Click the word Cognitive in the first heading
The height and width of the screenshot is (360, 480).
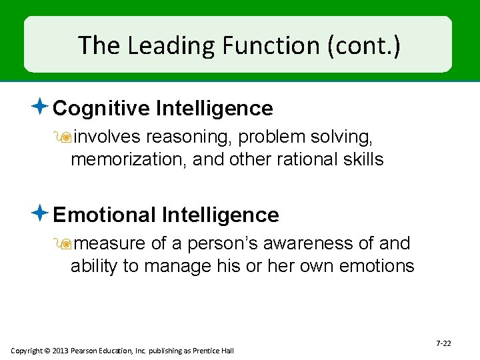coord(102,108)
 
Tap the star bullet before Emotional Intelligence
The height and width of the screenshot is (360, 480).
coord(40,214)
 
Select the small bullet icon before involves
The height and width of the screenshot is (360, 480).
coord(66,137)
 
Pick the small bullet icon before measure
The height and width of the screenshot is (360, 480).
coord(66,244)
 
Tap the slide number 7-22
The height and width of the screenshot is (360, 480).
coord(443,343)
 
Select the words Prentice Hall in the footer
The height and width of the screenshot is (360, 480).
coord(213,351)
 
